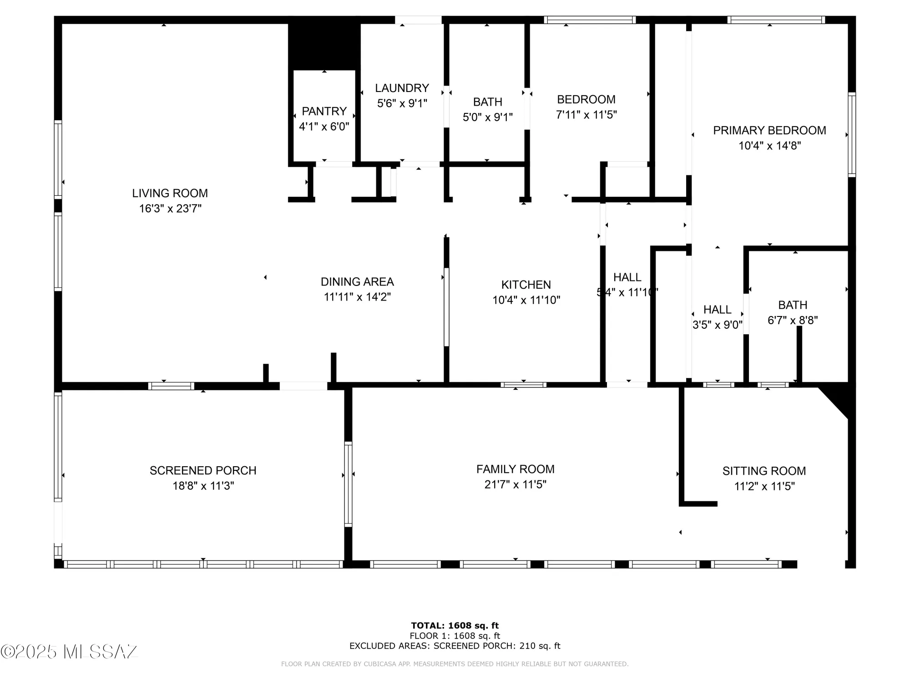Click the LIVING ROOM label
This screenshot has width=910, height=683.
[x=170, y=193]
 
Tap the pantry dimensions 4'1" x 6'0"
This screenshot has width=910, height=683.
[x=324, y=127]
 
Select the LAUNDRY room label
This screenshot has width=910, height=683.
[x=402, y=88]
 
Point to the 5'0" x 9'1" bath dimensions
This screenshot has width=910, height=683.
[x=487, y=117]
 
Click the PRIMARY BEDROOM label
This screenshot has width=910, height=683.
[x=769, y=131]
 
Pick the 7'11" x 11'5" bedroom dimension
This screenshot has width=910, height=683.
[x=586, y=115]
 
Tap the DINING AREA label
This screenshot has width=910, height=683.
[x=357, y=282]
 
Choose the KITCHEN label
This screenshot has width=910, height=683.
[x=526, y=285]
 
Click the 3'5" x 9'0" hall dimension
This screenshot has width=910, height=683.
[x=717, y=325]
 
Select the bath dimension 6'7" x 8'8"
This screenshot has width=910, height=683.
[x=792, y=321]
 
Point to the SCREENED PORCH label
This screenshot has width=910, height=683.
[x=203, y=470]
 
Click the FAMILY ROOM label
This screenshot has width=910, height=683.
[x=515, y=469]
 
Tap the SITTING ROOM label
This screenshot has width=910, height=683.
[x=764, y=471]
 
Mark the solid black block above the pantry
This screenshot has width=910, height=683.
[x=324, y=46]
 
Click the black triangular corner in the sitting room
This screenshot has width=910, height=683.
[x=840, y=399]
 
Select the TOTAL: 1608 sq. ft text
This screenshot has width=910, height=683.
[x=455, y=626]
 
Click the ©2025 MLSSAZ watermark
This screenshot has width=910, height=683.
[x=69, y=652]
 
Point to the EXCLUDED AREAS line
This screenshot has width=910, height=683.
[x=455, y=646]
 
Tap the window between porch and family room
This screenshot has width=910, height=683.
[x=348, y=484]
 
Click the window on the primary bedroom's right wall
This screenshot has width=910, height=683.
[x=852, y=135]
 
